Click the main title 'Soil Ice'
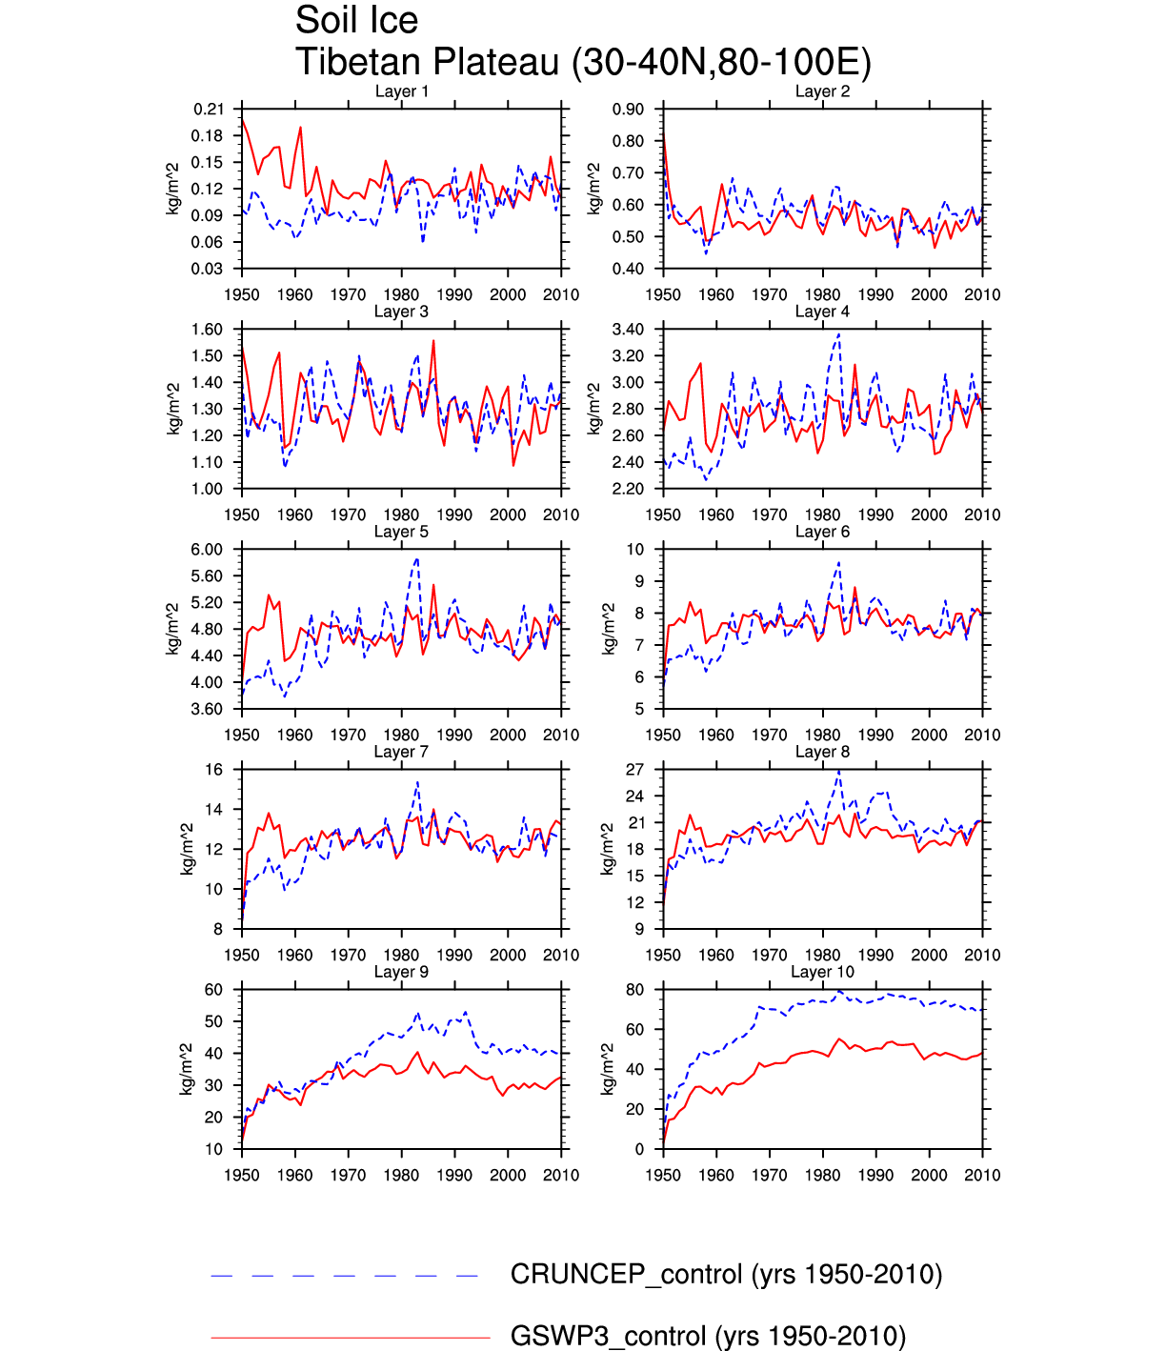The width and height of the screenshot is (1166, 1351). click(x=356, y=20)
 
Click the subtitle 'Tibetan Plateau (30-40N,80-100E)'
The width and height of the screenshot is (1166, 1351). click(x=583, y=62)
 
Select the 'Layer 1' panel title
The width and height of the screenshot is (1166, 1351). click(x=401, y=91)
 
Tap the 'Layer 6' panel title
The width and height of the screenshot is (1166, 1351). click(x=822, y=532)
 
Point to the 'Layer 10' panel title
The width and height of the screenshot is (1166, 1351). click(x=822, y=972)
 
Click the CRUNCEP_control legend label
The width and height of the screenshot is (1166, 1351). click(x=726, y=1275)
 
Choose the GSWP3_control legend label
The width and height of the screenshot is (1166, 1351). click(x=708, y=1336)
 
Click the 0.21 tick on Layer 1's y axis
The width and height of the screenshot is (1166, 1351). click(x=209, y=110)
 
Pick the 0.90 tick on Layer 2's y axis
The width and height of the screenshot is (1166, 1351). click(x=629, y=110)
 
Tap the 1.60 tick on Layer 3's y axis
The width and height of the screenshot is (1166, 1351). click(x=207, y=330)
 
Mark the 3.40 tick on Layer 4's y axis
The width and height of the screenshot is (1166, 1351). click(x=629, y=330)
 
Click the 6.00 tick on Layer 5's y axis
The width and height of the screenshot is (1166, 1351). click(x=207, y=550)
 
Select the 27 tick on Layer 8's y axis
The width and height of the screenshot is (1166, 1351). click(x=634, y=770)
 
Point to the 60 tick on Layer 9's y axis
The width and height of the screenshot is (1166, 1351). click(x=213, y=990)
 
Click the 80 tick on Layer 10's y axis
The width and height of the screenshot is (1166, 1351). click(x=634, y=990)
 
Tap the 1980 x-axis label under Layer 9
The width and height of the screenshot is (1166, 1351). click(x=401, y=1176)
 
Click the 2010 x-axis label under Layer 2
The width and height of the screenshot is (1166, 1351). click(x=982, y=295)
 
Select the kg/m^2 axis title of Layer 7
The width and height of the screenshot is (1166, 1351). click(x=187, y=849)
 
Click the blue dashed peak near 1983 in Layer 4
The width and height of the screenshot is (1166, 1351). click(x=838, y=334)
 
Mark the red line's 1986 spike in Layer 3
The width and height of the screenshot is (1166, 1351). click(x=433, y=341)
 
